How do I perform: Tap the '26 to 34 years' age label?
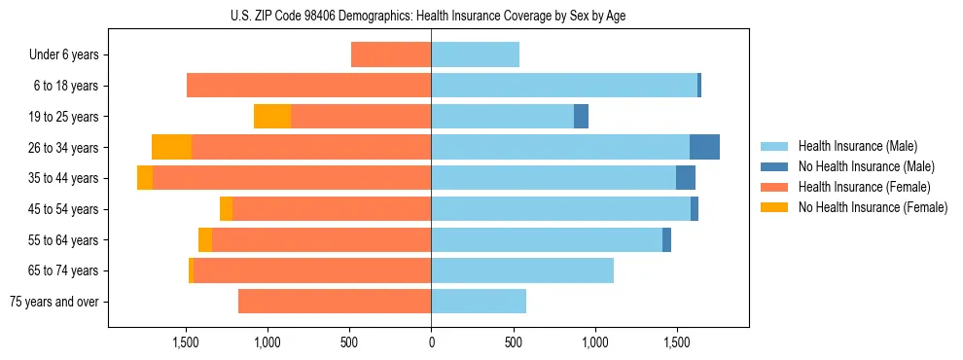64,148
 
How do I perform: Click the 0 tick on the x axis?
431,342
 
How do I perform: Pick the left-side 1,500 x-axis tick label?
186,342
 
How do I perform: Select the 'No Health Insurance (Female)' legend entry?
873,207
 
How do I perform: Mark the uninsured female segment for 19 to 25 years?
272,117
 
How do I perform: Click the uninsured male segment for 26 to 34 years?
704,148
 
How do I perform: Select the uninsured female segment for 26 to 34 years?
171,148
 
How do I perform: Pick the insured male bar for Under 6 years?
475,54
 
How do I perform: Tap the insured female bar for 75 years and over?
335,302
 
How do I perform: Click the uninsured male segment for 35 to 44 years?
686,178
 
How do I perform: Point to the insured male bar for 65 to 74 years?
522,270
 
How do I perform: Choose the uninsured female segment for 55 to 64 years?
205,240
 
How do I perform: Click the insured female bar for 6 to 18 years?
308,86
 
